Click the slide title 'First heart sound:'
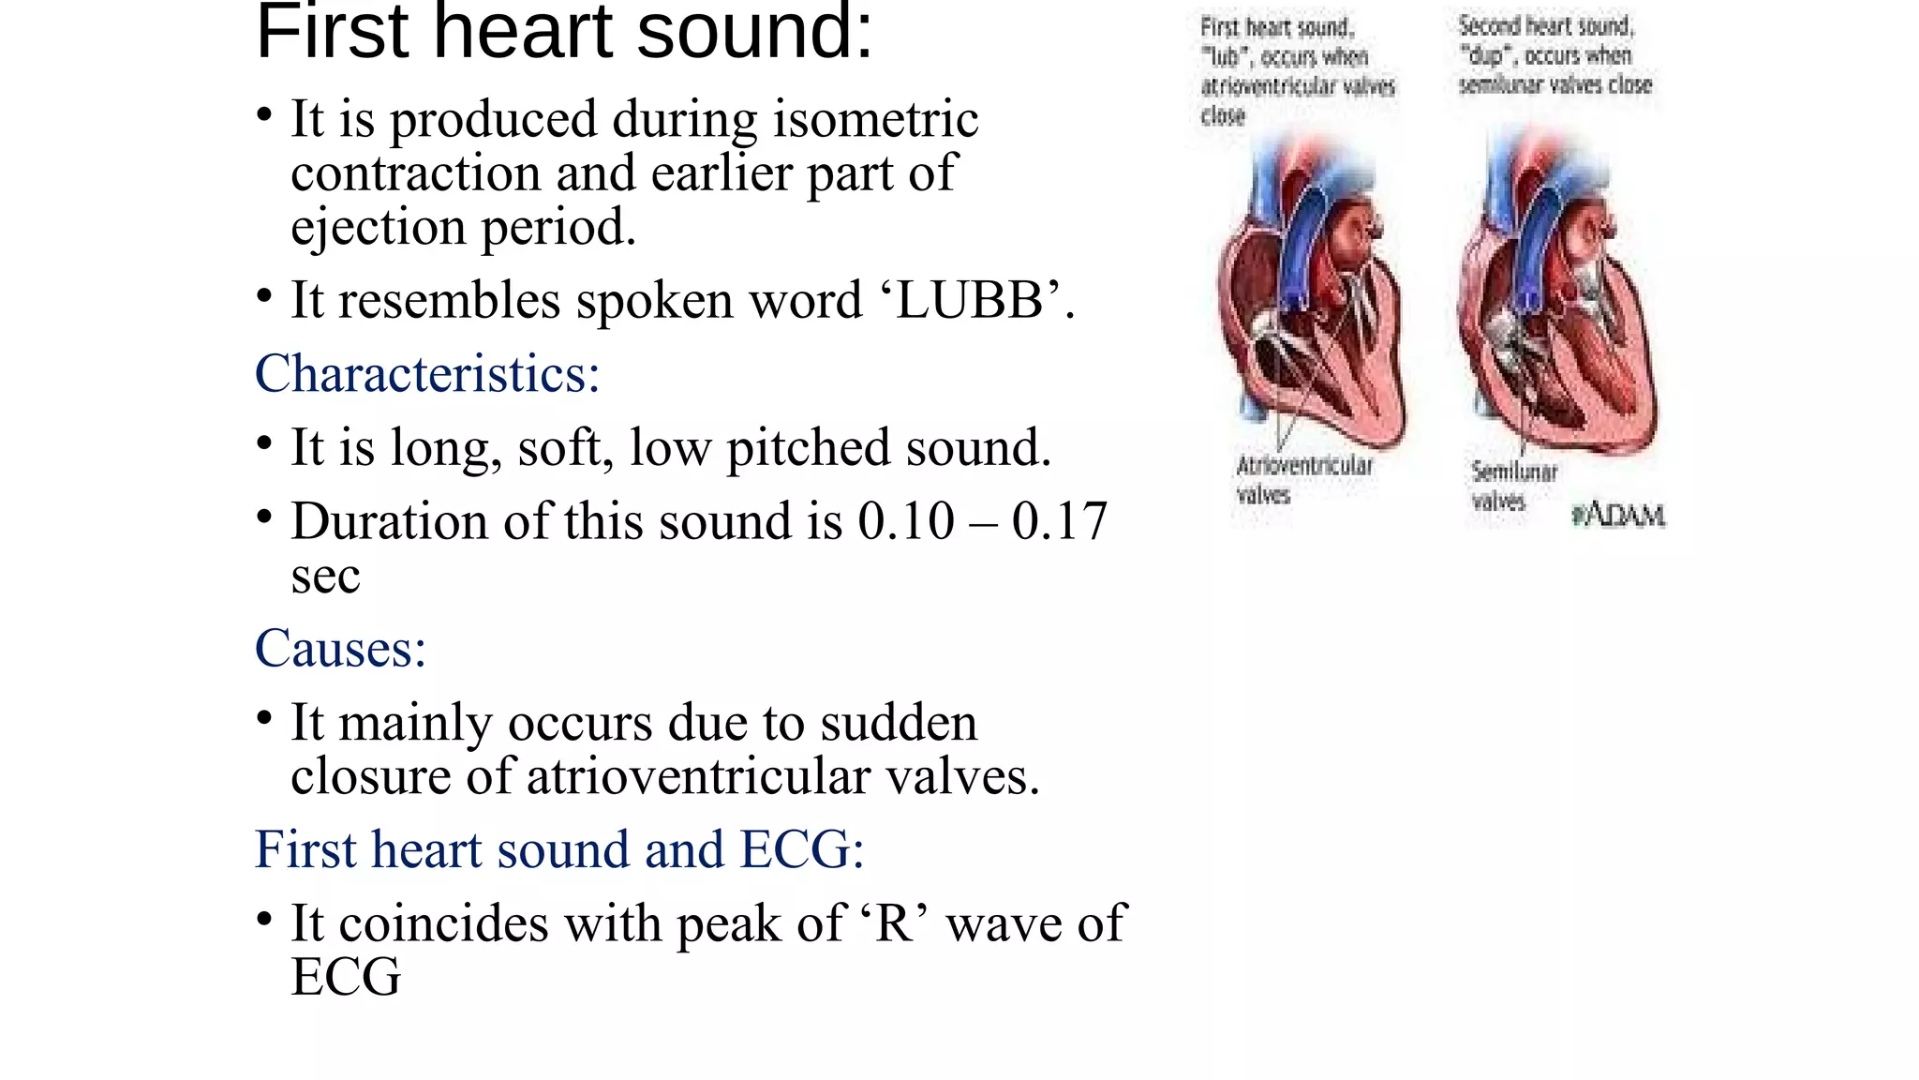(564, 34)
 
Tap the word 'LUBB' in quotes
(970, 301)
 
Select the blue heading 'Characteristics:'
(427, 374)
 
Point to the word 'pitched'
(797, 448)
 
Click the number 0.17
(1060, 521)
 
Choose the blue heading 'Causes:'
(340, 649)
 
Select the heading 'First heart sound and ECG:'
(559, 850)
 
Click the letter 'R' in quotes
(895, 924)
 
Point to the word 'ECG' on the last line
(346, 978)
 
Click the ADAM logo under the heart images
(1618, 516)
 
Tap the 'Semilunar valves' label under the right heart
(1512, 486)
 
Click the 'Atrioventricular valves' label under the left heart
(1303, 480)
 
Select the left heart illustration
(1311, 300)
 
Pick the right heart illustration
(1556, 300)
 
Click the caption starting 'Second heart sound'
(1554, 55)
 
